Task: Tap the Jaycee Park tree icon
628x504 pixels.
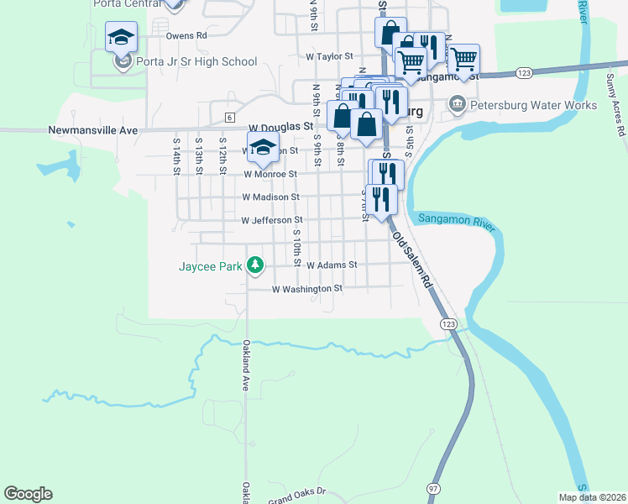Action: (256, 267)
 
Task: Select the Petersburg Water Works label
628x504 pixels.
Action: (533, 106)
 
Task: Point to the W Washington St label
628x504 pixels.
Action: (307, 288)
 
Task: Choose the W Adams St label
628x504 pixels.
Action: (332, 265)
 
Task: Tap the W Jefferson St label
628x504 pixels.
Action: (272, 220)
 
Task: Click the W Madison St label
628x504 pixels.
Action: (272, 197)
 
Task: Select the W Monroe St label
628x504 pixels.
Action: (270, 174)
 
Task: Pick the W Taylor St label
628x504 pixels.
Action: (329, 56)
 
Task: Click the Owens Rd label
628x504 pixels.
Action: (186, 36)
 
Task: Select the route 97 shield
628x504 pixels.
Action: (433, 488)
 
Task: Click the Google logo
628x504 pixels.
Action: (28, 494)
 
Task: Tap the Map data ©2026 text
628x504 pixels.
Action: (592, 497)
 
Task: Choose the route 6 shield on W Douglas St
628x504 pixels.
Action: (228, 116)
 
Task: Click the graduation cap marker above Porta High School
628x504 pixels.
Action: (122, 39)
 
